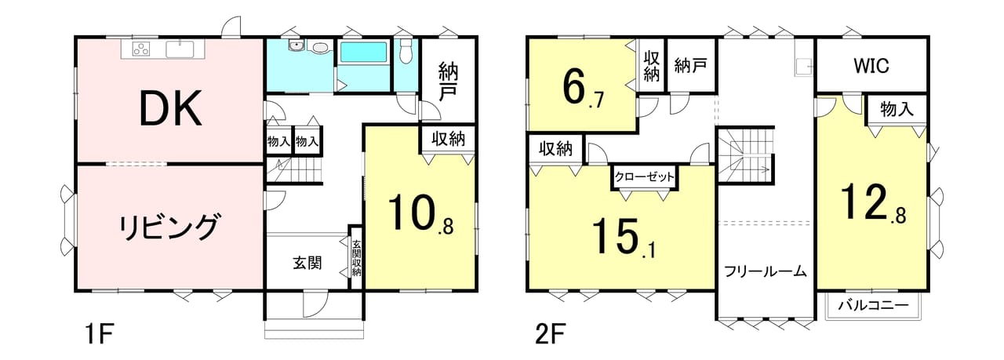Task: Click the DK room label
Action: pos(171,108)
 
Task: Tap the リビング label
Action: pos(170,227)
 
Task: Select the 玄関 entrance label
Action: pos(307,263)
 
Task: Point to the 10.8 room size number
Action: pos(420,213)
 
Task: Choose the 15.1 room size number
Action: pos(624,238)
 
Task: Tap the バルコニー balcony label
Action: pos(873,306)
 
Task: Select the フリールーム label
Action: pos(766,271)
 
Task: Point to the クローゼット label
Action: pos(645,176)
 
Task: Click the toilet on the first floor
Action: pos(406,49)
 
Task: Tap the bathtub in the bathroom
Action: pos(363,53)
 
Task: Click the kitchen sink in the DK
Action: pos(180,49)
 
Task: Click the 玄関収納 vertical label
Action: pos(356,259)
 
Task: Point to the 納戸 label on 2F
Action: pos(691,65)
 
